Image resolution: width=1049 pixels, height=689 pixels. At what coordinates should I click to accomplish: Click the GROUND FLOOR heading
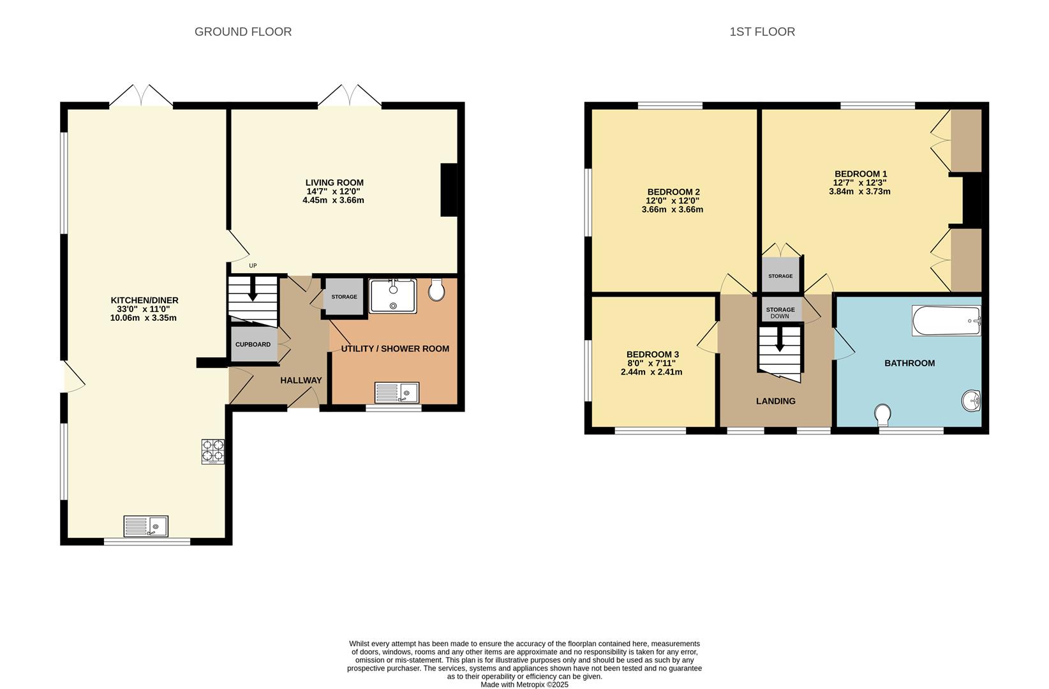[x=242, y=32]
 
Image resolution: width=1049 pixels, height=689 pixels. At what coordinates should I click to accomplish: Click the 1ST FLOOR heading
[x=762, y=32]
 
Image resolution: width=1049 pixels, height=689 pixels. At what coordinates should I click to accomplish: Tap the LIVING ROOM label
[x=334, y=183]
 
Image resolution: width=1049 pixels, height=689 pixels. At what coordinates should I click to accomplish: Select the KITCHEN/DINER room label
[x=144, y=300]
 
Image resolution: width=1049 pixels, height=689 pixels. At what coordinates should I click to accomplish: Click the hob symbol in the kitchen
[x=213, y=451]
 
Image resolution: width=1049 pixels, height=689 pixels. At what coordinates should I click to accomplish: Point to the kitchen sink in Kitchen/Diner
[x=145, y=526]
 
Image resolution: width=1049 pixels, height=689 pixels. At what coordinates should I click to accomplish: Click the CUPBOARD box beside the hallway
[x=253, y=344]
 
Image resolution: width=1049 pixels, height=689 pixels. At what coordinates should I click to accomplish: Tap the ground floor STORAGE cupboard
[x=344, y=297]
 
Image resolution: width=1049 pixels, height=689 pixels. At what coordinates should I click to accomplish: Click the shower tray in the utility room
[x=393, y=296]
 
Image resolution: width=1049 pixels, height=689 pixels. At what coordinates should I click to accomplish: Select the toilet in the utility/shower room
[x=436, y=290]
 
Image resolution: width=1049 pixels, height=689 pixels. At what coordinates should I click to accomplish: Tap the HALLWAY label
[x=301, y=381]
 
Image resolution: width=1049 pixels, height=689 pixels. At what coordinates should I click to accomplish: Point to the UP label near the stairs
[x=253, y=266]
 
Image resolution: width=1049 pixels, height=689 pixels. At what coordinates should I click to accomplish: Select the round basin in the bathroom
[x=971, y=401]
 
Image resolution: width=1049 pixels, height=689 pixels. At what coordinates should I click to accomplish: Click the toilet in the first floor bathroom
[x=883, y=415]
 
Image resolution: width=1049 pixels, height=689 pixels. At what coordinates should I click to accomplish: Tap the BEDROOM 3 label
[x=652, y=355]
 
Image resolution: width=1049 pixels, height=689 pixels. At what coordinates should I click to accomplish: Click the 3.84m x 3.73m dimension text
[x=859, y=191]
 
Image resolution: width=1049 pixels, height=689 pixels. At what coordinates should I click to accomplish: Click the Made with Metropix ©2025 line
[x=524, y=685]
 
